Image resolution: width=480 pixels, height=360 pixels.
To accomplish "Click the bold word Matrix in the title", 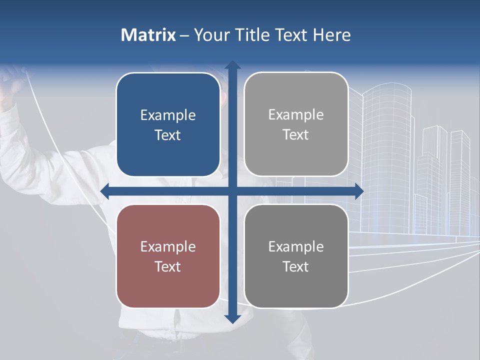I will (148, 35).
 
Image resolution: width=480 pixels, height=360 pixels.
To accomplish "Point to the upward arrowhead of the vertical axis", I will (232, 65).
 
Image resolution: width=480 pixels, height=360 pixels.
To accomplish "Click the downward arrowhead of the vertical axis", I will (232, 318).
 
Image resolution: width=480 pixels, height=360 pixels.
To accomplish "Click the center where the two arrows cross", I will (232, 191).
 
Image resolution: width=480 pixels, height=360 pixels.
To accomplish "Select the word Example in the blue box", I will (168, 115).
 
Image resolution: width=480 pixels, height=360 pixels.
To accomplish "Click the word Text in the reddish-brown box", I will (168, 266).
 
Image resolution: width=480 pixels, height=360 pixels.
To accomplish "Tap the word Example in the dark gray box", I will (296, 246).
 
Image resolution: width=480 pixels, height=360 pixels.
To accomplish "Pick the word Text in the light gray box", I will (296, 135).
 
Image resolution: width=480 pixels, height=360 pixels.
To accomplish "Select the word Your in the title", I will (210, 35).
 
